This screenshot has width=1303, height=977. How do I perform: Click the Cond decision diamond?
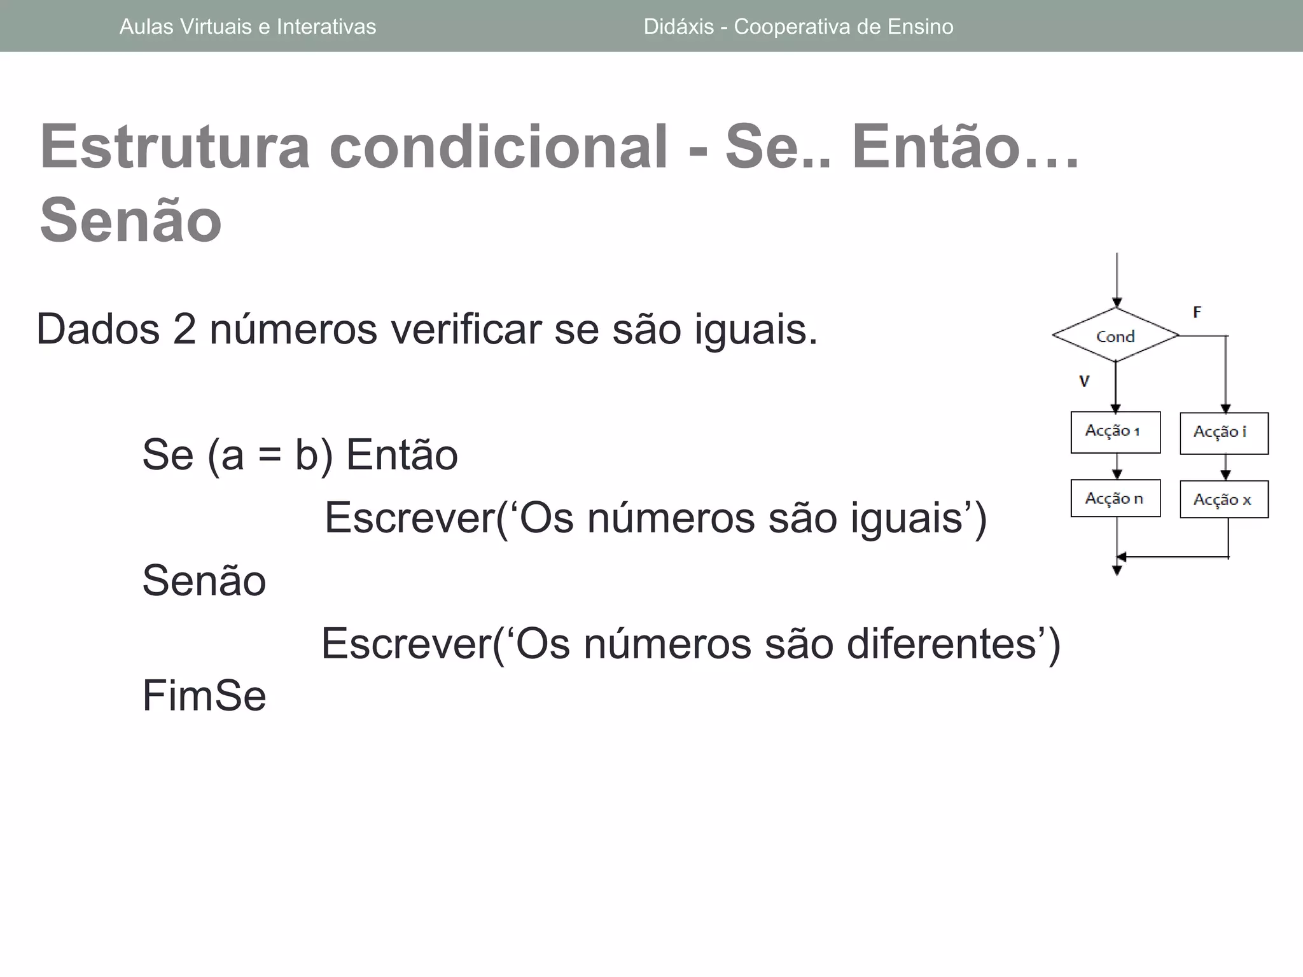[x=1115, y=336]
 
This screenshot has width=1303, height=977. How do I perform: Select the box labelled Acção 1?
[x=1115, y=432]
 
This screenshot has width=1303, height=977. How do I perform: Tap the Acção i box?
[x=1223, y=433]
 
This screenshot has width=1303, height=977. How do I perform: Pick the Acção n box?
[x=1115, y=498]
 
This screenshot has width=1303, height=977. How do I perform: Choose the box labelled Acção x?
[x=1223, y=499]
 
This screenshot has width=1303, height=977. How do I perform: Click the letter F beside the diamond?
[x=1197, y=312]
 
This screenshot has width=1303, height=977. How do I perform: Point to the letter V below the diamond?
[x=1084, y=381]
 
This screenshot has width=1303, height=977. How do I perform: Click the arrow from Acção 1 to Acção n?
[x=1117, y=466]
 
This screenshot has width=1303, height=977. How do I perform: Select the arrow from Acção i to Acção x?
[x=1225, y=468]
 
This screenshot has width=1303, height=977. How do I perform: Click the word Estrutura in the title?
[x=174, y=147]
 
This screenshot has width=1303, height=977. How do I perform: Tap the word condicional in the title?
[x=499, y=147]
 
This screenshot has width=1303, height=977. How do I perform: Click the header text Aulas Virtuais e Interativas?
[x=247, y=27]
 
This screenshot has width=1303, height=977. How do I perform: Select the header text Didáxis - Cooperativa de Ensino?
[x=798, y=27]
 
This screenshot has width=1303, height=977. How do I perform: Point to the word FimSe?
[x=204, y=695]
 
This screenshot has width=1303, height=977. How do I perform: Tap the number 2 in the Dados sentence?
[x=184, y=329]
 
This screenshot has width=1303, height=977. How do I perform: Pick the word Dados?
[x=98, y=329]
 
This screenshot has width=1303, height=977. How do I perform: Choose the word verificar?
[x=466, y=329]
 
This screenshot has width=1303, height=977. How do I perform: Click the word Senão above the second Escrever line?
[x=204, y=581]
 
